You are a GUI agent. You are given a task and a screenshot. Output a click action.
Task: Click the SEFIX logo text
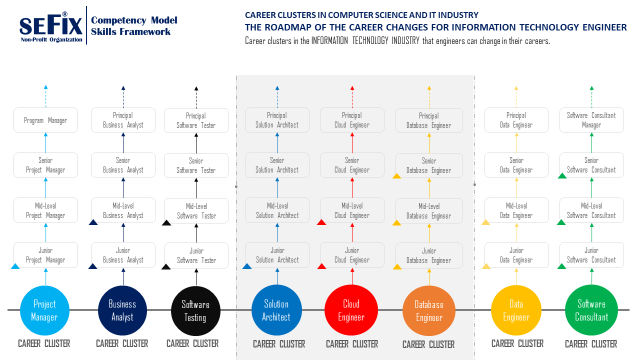coord(50,25)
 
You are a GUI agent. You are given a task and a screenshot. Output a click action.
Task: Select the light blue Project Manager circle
coord(44,310)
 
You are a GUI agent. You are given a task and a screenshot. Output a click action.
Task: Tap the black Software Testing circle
coord(195,310)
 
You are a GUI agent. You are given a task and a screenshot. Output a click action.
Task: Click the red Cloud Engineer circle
coord(351,310)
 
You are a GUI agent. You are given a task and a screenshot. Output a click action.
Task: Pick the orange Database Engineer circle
coord(429,311)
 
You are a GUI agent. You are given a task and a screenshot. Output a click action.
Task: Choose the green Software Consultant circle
coord(591,310)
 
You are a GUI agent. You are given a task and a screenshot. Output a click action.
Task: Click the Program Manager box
coord(45,120)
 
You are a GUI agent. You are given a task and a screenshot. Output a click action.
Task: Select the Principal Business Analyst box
coord(123,120)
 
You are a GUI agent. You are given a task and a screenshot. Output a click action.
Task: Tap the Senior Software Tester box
coord(196,165)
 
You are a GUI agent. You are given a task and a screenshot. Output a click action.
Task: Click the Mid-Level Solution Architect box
coord(277,210)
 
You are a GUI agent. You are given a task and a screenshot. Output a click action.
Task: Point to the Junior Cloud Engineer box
coord(352,255)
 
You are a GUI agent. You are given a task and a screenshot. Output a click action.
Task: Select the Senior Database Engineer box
coord(429,165)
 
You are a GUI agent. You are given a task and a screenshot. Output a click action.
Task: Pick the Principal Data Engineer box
coord(516,120)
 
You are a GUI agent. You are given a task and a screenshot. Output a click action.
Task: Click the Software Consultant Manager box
coord(591,120)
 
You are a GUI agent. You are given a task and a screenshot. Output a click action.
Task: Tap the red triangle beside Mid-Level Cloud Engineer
coord(321,222)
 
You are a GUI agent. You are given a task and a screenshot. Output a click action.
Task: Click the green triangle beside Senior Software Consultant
coord(562,175)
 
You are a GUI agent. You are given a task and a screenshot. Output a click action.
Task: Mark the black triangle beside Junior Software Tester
coord(166,267)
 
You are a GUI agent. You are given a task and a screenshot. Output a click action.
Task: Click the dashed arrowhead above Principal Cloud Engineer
coord(352,88)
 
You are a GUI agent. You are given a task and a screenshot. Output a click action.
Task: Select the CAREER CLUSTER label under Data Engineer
coord(517,343)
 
